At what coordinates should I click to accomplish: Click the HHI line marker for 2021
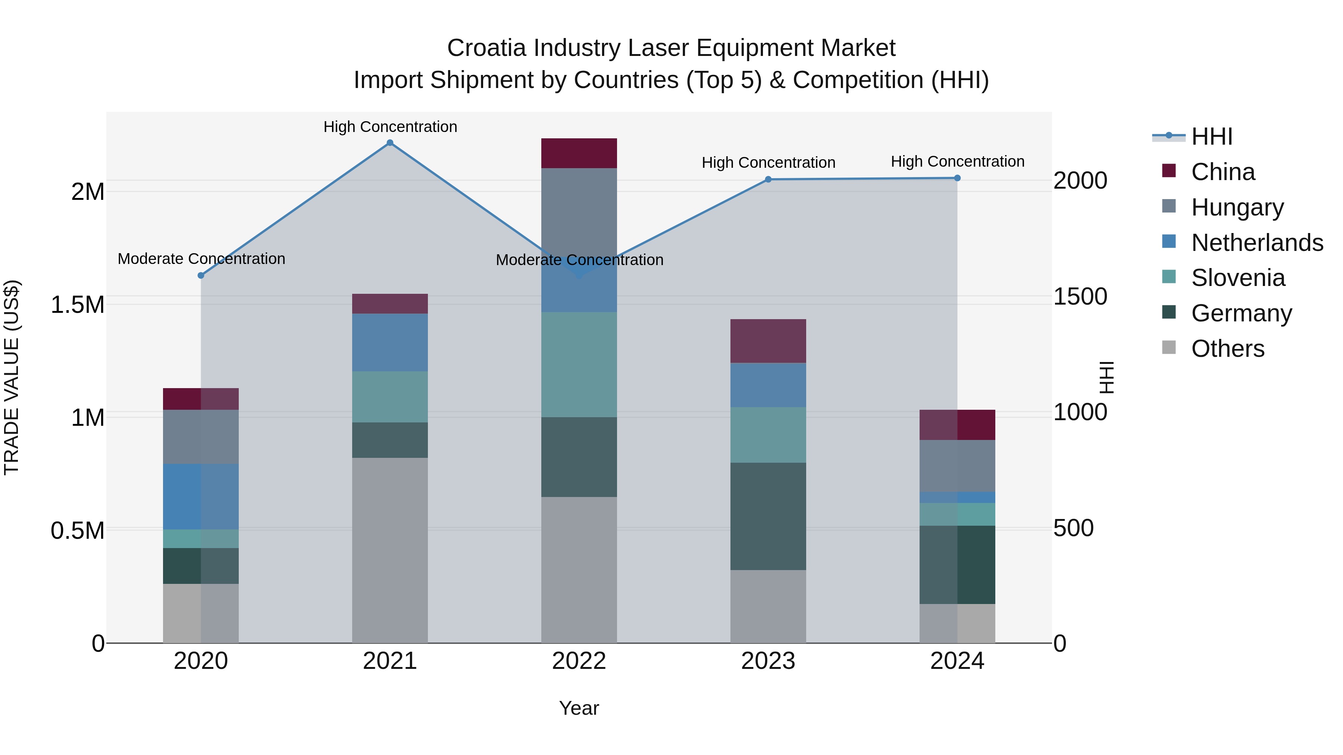click(389, 143)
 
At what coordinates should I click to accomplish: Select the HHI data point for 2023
click(768, 179)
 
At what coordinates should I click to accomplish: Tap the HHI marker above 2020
click(201, 275)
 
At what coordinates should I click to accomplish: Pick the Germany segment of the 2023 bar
click(768, 516)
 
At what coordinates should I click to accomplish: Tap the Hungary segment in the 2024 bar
click(957, 465)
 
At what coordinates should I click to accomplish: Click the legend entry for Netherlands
click(1256, 243)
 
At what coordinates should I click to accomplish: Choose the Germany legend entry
click(1241, 313)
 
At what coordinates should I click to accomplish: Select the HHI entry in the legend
click(1211, 136)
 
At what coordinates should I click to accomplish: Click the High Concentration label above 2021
click(390, 127)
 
